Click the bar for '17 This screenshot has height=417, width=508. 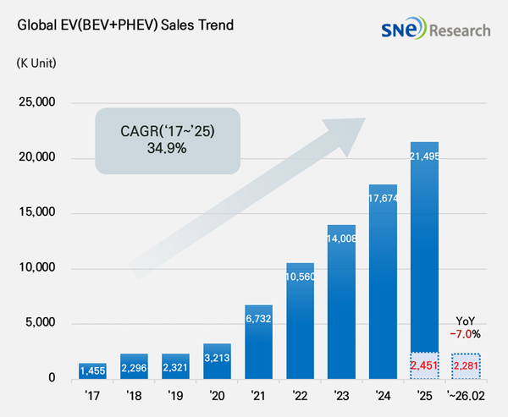pyautogui.click(x=94, y=370)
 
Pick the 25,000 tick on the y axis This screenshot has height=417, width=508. pyautogui.click(x=36, y=103)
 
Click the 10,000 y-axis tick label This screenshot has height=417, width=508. pyautogui.click(x=36, y=268)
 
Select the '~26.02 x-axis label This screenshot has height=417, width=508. pyautogui.click(x=467, y=396)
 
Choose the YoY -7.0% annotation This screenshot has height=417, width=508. pyautogui.click(x=467, y=326)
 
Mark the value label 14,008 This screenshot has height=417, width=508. pyautogui.click(x=341, y=239)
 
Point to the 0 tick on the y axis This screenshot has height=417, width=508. pyautogui.click(x=50, y=378)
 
